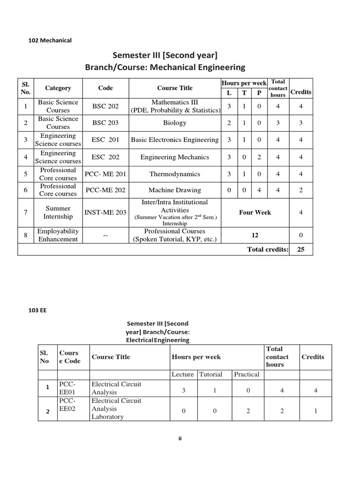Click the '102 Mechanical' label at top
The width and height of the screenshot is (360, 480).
(50, 40)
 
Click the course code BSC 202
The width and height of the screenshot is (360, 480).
(105, 106)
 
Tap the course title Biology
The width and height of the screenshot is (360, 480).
(174, 123)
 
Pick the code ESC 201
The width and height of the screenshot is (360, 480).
(105, 140)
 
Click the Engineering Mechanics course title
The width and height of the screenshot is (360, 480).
(174, 157)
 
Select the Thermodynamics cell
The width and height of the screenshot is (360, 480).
(174, 174)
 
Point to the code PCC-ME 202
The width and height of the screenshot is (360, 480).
(105, 190)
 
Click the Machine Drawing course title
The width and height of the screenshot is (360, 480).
(174, 190)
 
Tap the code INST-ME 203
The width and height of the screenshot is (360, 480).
(105, 212)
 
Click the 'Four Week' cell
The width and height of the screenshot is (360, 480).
(255, 212)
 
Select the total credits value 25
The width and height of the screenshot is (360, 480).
(301, 249)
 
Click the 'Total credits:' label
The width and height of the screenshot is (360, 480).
(268, 249)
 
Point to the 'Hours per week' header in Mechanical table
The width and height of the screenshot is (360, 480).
(244, 83)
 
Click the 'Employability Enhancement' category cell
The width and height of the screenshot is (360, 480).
(58, 235)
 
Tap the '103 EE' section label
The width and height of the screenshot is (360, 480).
(38, 310)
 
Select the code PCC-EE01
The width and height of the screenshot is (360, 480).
(67, 388)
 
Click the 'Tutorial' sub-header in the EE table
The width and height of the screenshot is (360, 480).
(211, 374)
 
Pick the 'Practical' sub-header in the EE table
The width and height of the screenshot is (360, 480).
(247, 374)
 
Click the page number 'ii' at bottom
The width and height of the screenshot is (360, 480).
(180, 438)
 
